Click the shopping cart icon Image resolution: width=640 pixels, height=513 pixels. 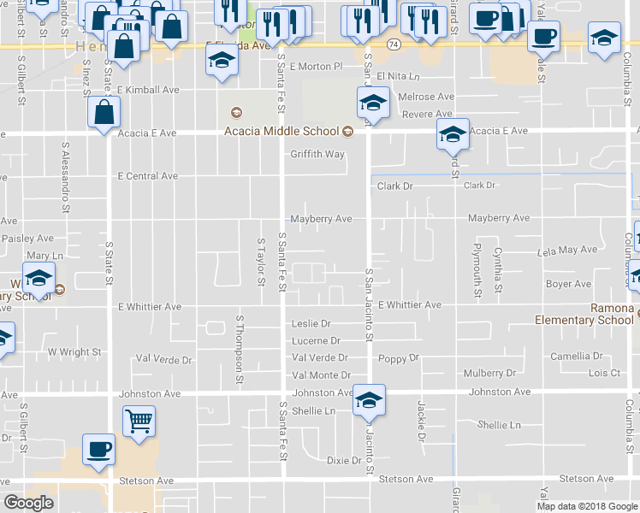click(139, 421)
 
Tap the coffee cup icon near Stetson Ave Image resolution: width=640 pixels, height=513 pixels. click(98, 449)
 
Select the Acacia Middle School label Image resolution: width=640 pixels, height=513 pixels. click(282, 132)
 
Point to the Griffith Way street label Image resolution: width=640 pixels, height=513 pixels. click(317, 155)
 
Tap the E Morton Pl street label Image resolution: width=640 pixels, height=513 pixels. click(316, 66)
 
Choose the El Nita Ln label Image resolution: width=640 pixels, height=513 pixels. click(405, 76)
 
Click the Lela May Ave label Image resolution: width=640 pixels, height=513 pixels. click(566, 250)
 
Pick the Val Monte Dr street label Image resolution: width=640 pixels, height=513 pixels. click(321, 375)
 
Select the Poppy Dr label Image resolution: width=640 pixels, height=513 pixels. click(400, 358)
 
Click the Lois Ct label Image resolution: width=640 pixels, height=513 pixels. click(604, 373)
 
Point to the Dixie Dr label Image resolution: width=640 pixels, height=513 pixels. click(344, 461)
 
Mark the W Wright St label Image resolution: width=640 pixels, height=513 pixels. click(74, 351)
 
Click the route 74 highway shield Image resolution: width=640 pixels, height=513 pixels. click(392, 43)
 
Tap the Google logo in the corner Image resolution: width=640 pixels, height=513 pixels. click(29, 503)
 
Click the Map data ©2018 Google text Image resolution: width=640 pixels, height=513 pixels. click(586, 506)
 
